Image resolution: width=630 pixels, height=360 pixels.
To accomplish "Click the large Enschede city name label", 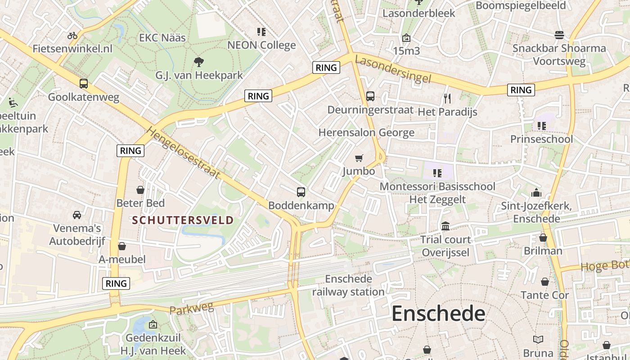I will click(x=438, y=313).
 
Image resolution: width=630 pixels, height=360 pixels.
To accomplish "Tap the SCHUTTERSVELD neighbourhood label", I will click(x=183, y=220).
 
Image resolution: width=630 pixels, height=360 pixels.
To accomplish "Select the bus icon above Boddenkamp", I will click(x=301, y=192).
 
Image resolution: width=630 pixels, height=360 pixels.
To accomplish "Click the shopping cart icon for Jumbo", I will click(x=359, y=158).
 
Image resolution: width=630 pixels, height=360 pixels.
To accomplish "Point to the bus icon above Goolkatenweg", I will click(x=84, y=83).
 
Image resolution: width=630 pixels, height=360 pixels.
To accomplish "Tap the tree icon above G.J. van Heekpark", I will click(x=198, y=62).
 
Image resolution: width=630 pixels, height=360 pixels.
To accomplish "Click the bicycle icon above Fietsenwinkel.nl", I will click(x=72, y=35).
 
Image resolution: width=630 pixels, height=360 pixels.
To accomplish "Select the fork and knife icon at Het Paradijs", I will click(x=447, y=98).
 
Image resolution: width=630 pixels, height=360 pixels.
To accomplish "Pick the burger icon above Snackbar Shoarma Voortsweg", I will click(x=559, y=35).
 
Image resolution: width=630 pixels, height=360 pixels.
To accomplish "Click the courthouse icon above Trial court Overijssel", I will click(x=445, y=226).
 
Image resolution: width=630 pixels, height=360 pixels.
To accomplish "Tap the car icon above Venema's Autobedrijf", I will click(x=77, y=215).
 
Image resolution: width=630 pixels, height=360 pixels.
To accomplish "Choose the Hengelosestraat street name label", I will click(x=184, y=153).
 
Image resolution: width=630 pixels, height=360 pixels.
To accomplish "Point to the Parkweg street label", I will click(x=191, y=309).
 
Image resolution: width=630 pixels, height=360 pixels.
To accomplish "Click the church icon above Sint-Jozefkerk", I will click(x=536, y=193).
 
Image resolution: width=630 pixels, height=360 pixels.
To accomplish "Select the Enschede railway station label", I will click(x=349, y=285).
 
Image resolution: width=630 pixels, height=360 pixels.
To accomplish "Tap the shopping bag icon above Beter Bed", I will click(x=140, y=190).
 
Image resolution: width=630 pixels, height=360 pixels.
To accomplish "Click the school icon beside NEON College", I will click(x=261, y=31).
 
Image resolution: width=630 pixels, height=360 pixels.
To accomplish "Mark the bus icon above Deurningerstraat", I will click(x=370, y=96).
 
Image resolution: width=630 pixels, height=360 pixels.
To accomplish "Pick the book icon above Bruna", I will click(x=538, y=339).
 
